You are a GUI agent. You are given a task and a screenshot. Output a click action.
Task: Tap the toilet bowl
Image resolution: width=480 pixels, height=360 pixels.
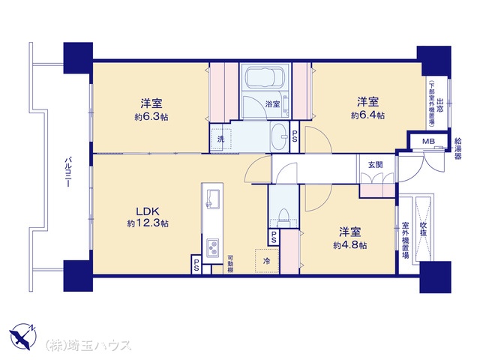[x=283, y=217]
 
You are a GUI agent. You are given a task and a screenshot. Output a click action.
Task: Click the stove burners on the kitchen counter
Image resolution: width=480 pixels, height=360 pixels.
[x=212, y=247]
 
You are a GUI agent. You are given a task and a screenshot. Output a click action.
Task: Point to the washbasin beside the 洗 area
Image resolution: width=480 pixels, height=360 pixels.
[x=279, y=136]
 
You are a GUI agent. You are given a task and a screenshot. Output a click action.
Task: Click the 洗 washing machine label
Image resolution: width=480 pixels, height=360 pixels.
[x=220, y=139]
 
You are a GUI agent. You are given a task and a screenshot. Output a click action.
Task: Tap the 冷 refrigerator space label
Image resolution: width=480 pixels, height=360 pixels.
[x=267, y=261]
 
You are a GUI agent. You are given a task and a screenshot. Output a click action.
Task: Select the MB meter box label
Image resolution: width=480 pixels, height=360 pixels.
[x=428, y=142]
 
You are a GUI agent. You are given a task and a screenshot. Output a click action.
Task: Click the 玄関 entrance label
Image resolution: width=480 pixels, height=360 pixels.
[x=375, y=165]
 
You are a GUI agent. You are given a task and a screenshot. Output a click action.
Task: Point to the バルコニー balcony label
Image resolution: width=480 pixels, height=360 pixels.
[x=68, y=172]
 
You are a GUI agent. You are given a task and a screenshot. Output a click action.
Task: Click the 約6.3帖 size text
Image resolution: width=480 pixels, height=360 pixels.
[x=151, y=117]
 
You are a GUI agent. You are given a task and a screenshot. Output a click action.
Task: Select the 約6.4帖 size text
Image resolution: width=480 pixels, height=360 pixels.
[x=367, y=115]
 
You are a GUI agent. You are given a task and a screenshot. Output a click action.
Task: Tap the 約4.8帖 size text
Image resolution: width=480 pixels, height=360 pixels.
[x=350, y=245]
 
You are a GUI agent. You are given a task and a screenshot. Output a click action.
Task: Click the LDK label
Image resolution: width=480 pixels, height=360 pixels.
[x=148, y=211]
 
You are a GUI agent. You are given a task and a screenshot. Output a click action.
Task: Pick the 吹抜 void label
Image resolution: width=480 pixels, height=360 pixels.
[x=423, y=229]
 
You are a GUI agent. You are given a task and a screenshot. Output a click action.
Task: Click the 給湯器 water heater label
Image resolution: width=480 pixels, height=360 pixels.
[x=458, y=148]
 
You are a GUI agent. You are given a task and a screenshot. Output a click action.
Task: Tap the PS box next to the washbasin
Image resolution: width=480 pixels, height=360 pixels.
[x=295, y=136]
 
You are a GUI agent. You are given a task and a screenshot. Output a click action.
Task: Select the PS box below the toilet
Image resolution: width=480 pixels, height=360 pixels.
[x=274, y=237]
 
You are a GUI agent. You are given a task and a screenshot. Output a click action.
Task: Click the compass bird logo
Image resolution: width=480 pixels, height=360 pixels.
[x=23, y=337]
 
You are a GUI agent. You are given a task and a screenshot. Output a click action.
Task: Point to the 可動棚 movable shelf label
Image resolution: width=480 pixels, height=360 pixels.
[x=230, y=264]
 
